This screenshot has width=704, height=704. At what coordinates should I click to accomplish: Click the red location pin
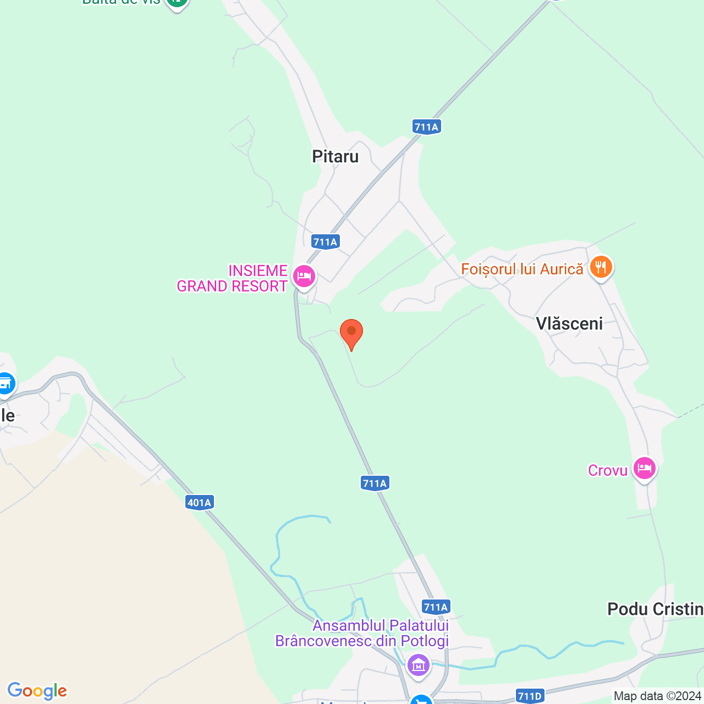[x=351, y=333]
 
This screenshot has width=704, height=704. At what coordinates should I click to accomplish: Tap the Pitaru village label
[x=335, y=157]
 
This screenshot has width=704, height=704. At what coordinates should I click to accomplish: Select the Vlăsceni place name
[x=569, y=323]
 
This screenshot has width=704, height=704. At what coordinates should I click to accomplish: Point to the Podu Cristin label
[x=655, y=609]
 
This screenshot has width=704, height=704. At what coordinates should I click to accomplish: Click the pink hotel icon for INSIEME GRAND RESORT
[x=304, y=276]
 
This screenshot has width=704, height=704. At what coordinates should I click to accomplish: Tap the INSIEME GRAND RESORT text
[x=232, y=278]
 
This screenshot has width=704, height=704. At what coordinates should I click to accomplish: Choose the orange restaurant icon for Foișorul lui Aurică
[x=601, y=267]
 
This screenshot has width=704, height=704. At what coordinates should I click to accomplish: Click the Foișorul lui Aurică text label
[x=522, y=269]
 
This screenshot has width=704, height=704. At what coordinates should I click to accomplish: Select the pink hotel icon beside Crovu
[x=644, y=469]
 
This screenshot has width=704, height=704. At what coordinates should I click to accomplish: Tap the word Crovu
[x=608, y=470]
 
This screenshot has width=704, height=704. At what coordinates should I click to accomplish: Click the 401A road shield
[x=199, y=502]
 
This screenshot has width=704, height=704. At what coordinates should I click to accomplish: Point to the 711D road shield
[x=530, y=696]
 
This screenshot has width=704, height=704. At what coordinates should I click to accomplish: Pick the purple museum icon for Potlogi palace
[x=418, y=665]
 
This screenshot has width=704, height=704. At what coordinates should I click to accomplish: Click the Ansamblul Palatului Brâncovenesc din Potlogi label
[x=362, y=633]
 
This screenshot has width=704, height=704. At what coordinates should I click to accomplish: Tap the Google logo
[x=37, y=691]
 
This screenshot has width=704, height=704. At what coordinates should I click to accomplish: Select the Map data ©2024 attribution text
[x=658, y=696]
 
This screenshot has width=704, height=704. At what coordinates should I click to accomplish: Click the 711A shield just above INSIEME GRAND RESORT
[x=325, y=241]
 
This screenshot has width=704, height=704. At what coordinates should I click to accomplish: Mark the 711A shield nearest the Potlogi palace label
[x=436, y=607]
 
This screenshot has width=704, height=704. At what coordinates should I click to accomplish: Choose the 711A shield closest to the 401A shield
[x=375, y=483]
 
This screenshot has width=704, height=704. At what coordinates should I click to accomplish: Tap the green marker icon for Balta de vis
[x=177, y=3]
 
